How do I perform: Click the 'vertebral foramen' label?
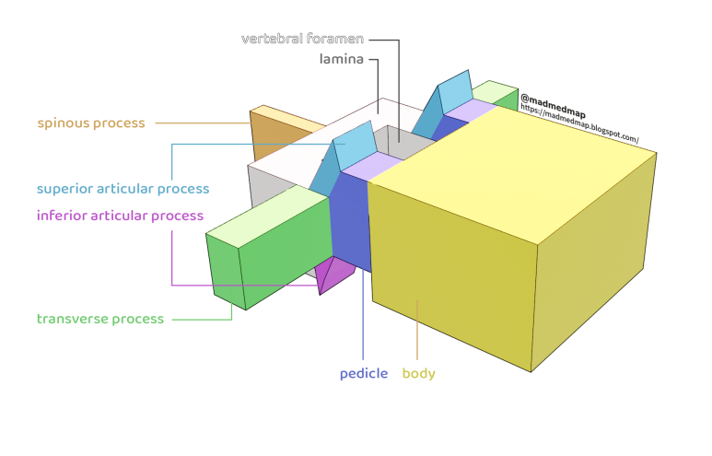click(x=303, y=40)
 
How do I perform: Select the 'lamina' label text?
click(x=342, y=60)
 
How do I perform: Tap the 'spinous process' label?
click(x=90, y=123)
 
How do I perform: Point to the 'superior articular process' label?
click(x=123, y=189)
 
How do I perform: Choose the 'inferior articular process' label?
click(x=120, y=216)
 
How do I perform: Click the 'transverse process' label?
click(x=100, y=319)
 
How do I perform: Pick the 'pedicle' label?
click(x=364, y=373)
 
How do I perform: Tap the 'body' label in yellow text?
click(x=418, y=373)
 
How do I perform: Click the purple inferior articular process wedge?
click(x=335, y=273)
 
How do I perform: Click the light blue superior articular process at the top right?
click(x=454, y=94)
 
